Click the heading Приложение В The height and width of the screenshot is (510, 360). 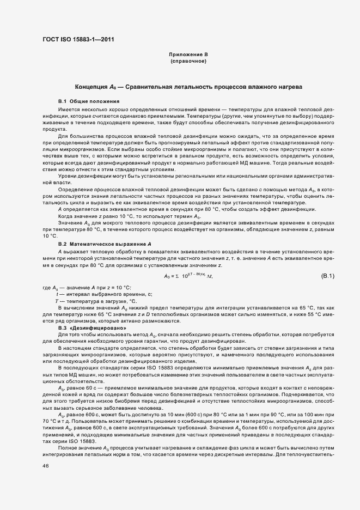click(188, 54)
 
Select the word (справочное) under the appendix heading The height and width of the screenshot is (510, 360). click(188, 61)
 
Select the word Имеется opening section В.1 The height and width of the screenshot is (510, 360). click(68, 110)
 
